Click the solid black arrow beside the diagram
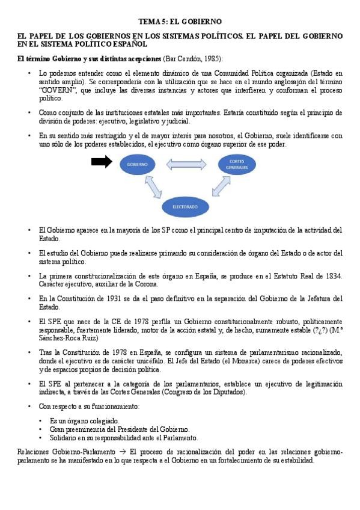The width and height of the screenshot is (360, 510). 102,161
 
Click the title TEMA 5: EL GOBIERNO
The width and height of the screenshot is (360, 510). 180,21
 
